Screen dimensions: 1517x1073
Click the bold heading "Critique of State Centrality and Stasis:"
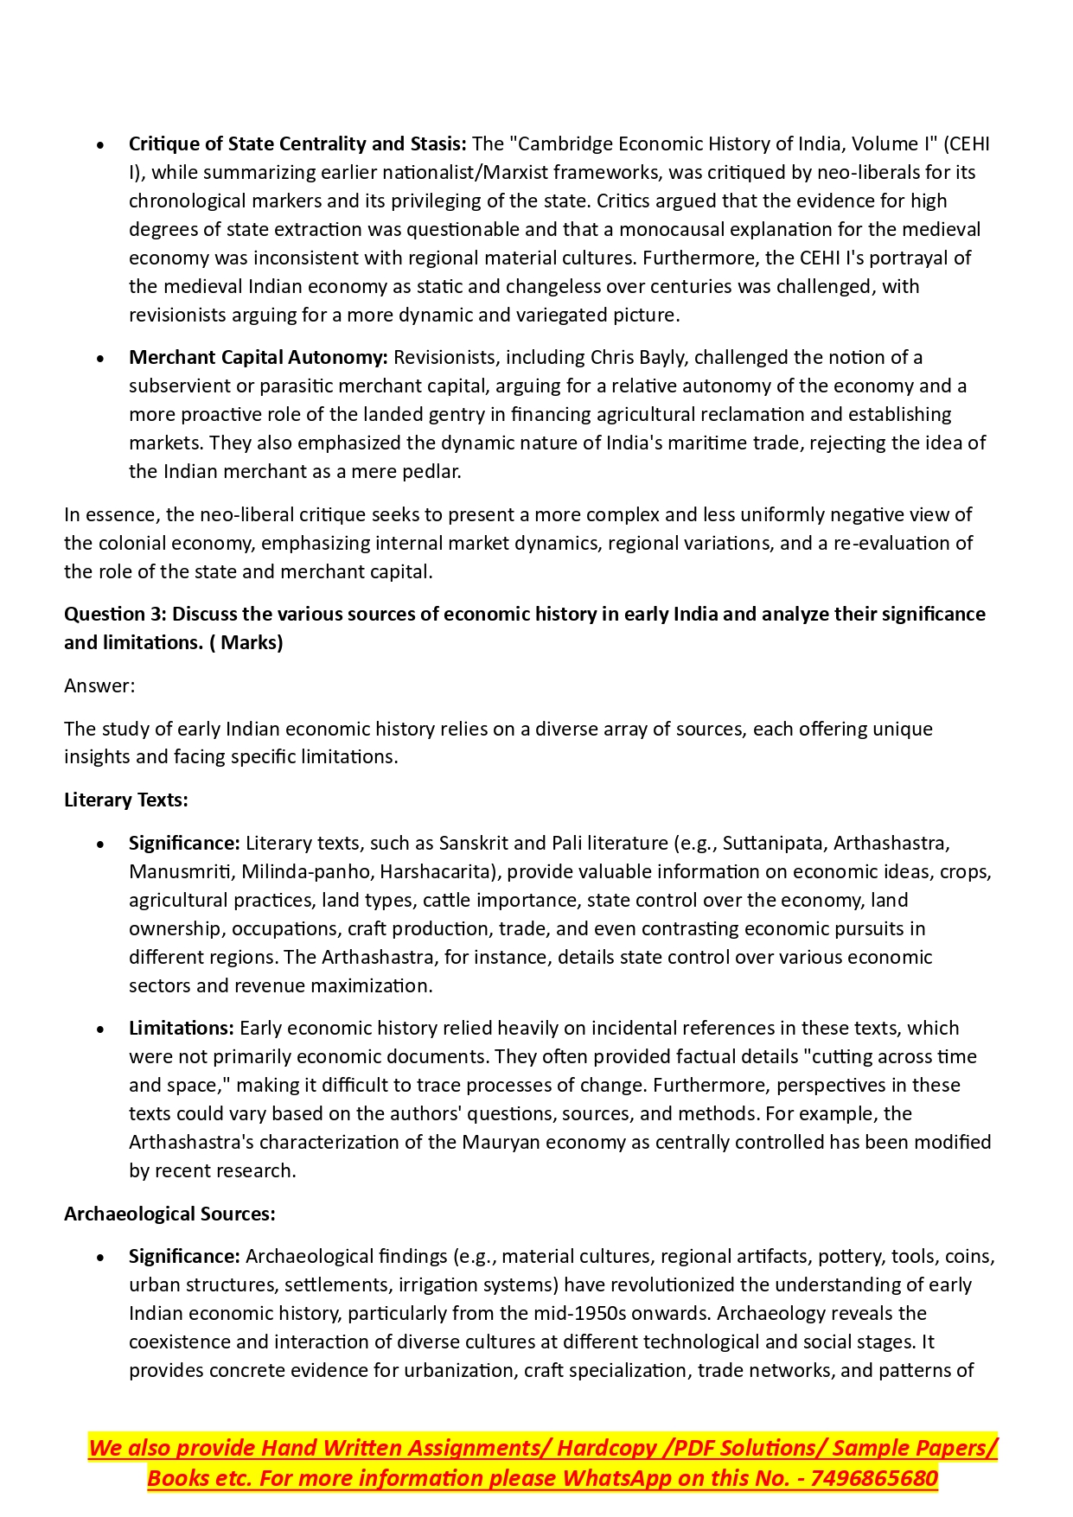click(297, 143)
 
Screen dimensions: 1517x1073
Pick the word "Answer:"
click(99, 685)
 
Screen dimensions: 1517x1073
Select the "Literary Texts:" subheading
click(126, 800)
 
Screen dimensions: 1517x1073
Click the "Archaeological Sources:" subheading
click(169, 1214)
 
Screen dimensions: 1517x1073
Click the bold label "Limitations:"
click(182, 1028)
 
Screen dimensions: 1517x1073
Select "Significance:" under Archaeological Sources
click(184, 1256)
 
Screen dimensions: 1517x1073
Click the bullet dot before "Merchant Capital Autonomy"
click(101, 358)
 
